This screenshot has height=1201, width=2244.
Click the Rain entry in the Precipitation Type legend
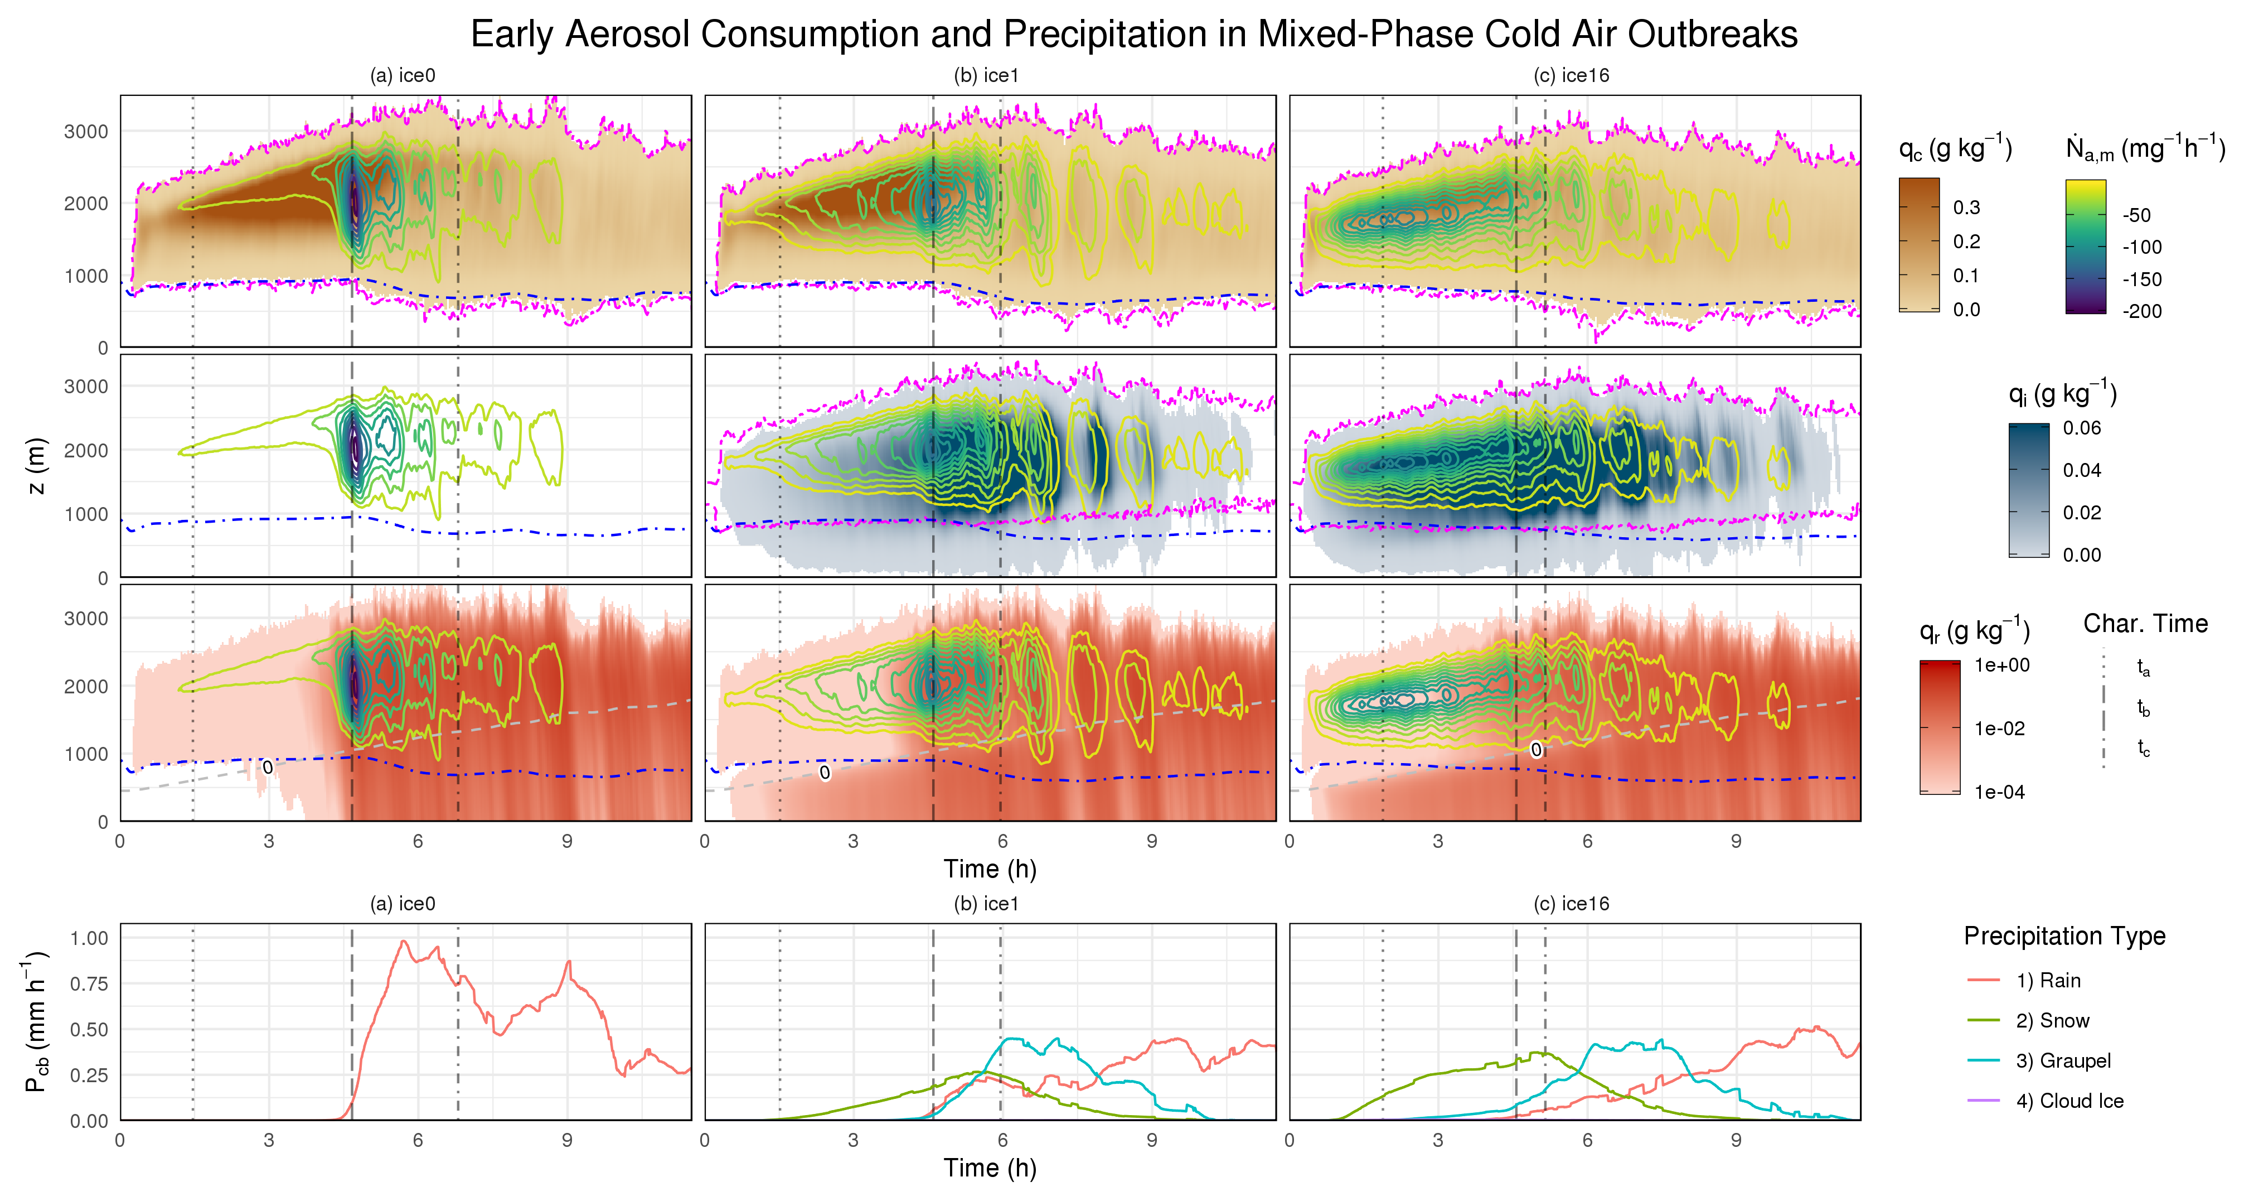[2047, 981]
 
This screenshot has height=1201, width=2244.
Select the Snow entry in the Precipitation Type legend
[2052, 1021]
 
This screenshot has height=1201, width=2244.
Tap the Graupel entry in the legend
[2062, 1060]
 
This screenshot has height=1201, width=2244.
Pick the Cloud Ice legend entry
[2069, 1101]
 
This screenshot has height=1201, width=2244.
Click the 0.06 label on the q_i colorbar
[2081, 428]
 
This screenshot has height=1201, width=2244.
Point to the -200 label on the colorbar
[2141, 311]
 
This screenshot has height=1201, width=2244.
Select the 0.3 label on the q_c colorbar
[1966, 208]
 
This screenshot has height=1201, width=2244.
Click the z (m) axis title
[37, 465]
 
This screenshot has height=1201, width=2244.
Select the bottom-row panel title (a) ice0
[403, 904]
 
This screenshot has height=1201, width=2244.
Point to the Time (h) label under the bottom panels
[990, 1168]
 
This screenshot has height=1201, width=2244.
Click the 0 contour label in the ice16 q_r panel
[1536, 750]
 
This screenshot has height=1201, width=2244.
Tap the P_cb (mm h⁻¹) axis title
[37, 1021]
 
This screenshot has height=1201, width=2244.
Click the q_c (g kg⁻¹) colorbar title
[1955, 148]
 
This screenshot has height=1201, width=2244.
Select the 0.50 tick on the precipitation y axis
[89, 1029]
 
